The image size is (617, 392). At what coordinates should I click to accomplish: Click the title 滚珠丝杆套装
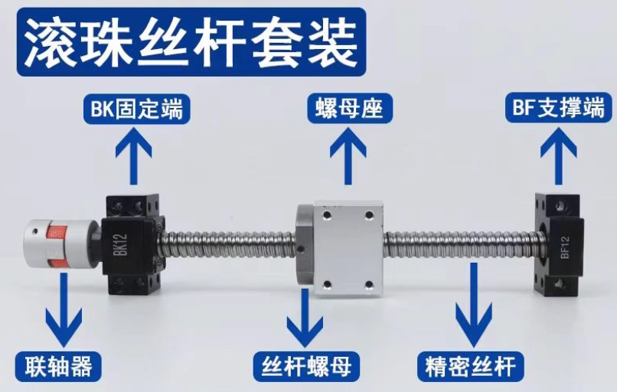point(191,42)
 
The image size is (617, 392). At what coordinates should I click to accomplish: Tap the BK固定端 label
point(137,108)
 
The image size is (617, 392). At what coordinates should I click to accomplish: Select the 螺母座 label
point(349,108)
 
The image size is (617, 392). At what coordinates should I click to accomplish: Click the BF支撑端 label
point(559,107)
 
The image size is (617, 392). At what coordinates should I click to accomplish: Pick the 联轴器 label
point(58,366)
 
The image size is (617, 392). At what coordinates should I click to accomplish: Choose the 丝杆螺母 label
point(306,366)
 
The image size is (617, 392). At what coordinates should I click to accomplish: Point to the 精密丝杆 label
point(471,366)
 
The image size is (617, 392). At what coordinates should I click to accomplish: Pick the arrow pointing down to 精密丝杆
point(474,304)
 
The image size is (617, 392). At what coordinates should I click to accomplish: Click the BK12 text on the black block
point(122,245)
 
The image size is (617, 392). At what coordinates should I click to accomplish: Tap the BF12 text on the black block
point(565,247)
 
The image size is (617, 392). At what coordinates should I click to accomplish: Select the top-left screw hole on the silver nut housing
point(326,216)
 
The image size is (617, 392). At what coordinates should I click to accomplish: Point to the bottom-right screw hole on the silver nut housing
point(369,284)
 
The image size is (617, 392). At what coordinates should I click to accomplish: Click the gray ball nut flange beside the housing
point(305,244)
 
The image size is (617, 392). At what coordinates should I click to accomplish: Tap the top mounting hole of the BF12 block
point(560,204)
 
